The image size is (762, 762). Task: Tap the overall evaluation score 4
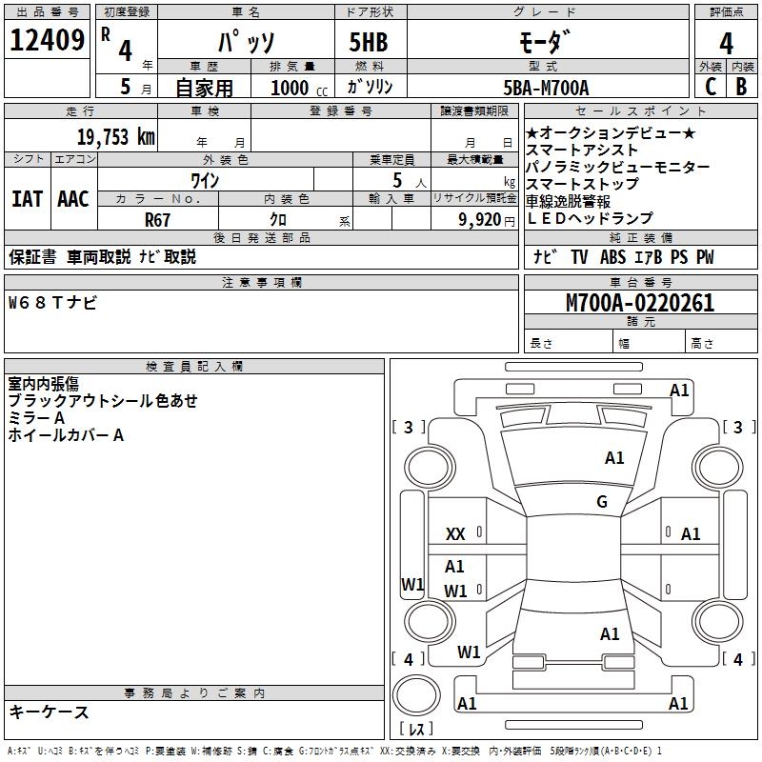point(727,44)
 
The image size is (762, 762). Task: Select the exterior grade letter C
point(711,87)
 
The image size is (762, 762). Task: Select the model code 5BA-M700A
point(546,88)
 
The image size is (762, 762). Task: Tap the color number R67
point(157,219)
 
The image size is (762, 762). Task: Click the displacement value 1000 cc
point(296,88)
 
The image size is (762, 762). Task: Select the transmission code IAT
point(27,199)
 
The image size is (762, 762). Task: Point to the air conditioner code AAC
point(73,199)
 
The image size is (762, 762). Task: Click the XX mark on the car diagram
point(455,535)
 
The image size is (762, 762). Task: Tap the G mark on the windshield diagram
point(602,502)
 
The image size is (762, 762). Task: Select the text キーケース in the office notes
point(49,712)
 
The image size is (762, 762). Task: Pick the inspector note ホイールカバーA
point(66,435)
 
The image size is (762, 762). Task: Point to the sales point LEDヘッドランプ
point(589,218)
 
